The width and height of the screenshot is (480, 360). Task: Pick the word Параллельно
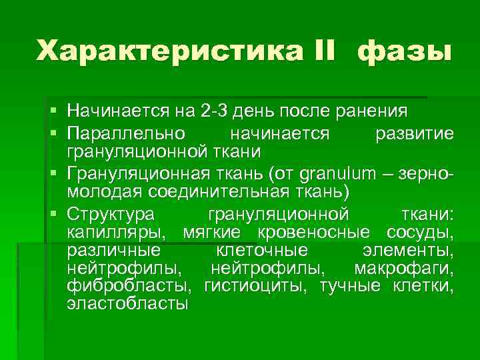pyautogui.click(x=130, y=133)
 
